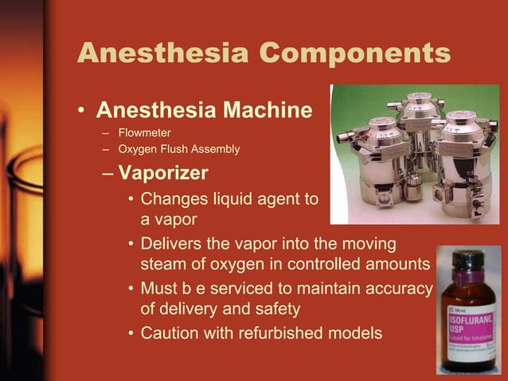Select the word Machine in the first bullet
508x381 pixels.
(266, 109)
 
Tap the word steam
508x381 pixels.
(163, 264)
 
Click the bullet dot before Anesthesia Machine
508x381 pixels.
(82, 111)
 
